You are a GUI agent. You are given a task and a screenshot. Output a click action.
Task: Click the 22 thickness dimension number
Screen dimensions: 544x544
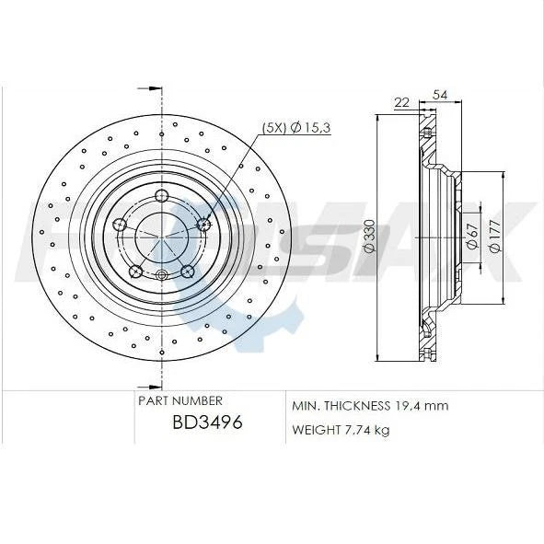click(x=400, y=101)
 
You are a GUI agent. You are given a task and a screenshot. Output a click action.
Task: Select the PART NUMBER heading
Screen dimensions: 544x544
click(x=179, y=401)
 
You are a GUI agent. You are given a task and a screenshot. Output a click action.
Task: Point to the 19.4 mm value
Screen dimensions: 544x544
click(x=422, y=405)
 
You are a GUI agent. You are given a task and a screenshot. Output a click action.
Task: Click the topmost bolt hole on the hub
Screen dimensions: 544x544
click(x=162, y=194)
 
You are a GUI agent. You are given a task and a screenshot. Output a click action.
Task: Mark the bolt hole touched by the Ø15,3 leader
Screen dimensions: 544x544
click(x=204, y=224)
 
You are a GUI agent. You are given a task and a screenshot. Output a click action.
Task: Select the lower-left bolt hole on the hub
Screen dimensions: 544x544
click(x=135, y=271)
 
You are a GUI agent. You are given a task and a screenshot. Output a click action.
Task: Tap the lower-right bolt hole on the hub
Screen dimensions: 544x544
click(x=188, y=271)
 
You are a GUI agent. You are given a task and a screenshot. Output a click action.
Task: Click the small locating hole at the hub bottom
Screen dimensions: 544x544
click(x=162, y=274)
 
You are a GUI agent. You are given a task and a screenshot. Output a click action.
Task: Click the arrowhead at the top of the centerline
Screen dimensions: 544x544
click(x=162, y=92)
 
